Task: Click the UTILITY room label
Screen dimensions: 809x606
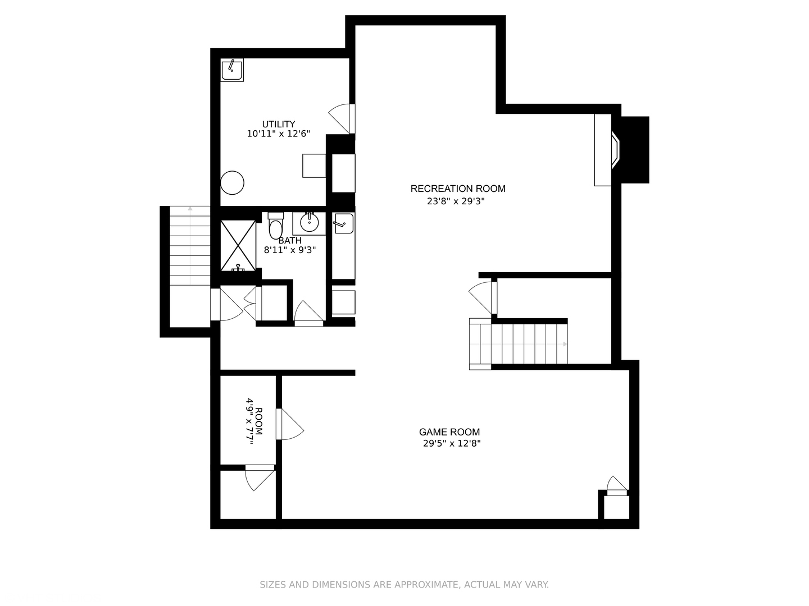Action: [x=278, y=124]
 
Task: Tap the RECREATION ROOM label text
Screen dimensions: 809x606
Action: [x=458, y=189]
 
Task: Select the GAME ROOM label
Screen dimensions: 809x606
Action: [x=449, y=432]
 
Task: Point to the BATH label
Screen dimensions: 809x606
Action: [x=290, y=241]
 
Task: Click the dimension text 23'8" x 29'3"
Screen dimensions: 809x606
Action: [x=456, y=201]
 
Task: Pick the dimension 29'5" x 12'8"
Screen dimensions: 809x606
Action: [x=452, y=443]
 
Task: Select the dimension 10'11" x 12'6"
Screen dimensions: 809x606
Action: [x=278, y=134]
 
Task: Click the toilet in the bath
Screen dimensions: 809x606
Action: [x=275, y=225]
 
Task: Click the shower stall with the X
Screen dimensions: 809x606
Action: [x=238, y=245]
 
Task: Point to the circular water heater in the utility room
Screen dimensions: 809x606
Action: [x=232, y=182]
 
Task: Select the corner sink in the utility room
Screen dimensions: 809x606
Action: [x=232, y=70]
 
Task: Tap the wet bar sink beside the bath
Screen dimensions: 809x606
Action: [x=343, y=223]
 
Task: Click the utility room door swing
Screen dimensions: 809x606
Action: [x=342, y=118]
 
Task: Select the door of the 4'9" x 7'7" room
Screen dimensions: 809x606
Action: [x=290, y=424]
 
